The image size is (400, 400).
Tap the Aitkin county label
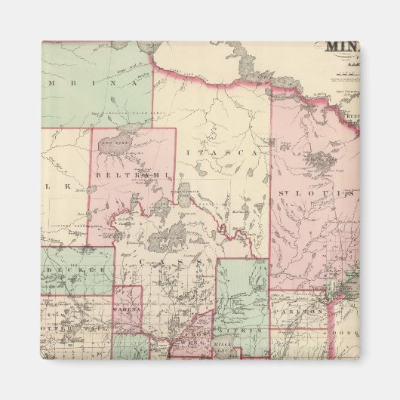point(241,331)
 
